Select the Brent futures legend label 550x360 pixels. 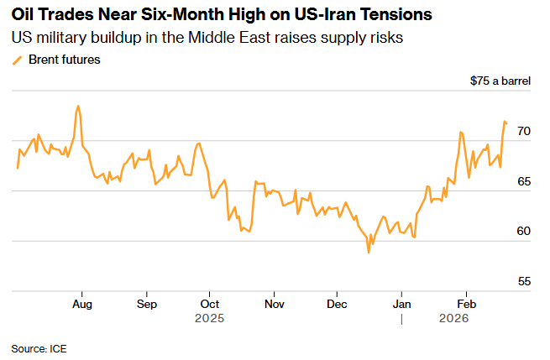(65, 60)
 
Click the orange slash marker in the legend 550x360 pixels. (18, 60)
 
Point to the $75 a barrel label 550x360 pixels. (501, 81)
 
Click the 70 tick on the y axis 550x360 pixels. (523, 132)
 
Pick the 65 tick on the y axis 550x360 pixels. (523, 181)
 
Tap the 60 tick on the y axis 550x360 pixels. (523, 232)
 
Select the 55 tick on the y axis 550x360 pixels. (523, 281)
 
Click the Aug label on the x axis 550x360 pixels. (81, 303)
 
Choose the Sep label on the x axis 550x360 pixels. (146, 303)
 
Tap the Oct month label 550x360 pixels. (210, 303)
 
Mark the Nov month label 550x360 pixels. (273, 303)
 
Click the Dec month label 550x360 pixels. (338, 303)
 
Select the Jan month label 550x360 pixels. (402, 303)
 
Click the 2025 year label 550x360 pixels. (210, 319)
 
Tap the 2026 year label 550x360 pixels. (454, 319)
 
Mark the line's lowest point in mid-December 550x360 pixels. (368, 253)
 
